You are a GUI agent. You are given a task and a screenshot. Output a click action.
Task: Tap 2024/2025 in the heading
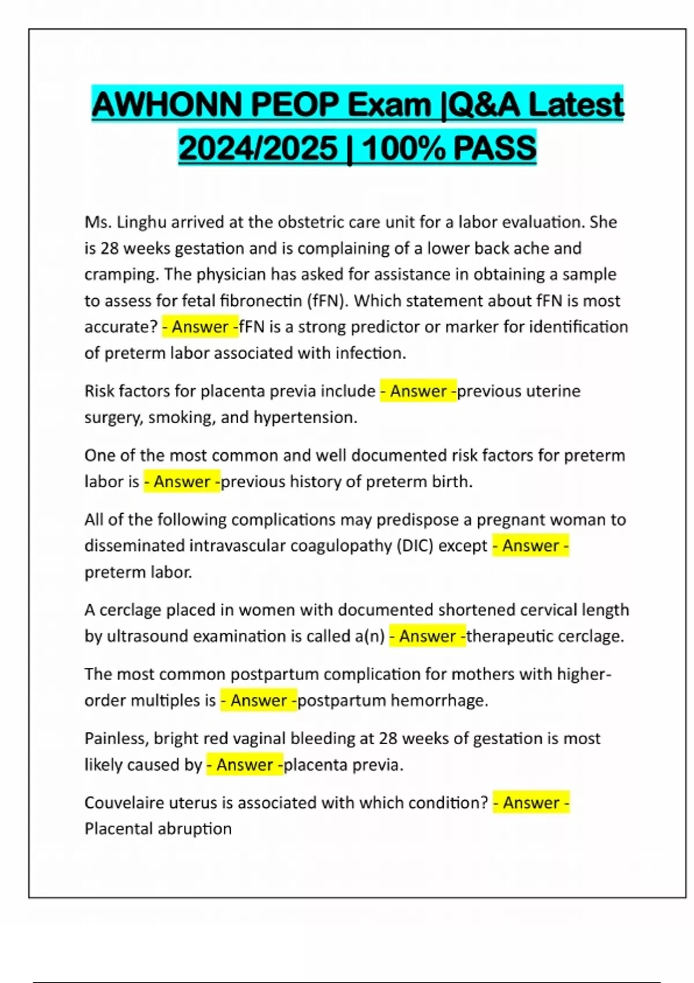pos(257,148)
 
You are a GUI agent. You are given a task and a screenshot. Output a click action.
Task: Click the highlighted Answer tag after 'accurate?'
pos(200,327)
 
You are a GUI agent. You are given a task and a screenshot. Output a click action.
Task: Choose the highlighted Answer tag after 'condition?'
pos(531,803)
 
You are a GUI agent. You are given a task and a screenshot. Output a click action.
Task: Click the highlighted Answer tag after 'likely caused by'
pos(245,765)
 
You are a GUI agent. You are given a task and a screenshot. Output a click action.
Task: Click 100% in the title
pos(402,148)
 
